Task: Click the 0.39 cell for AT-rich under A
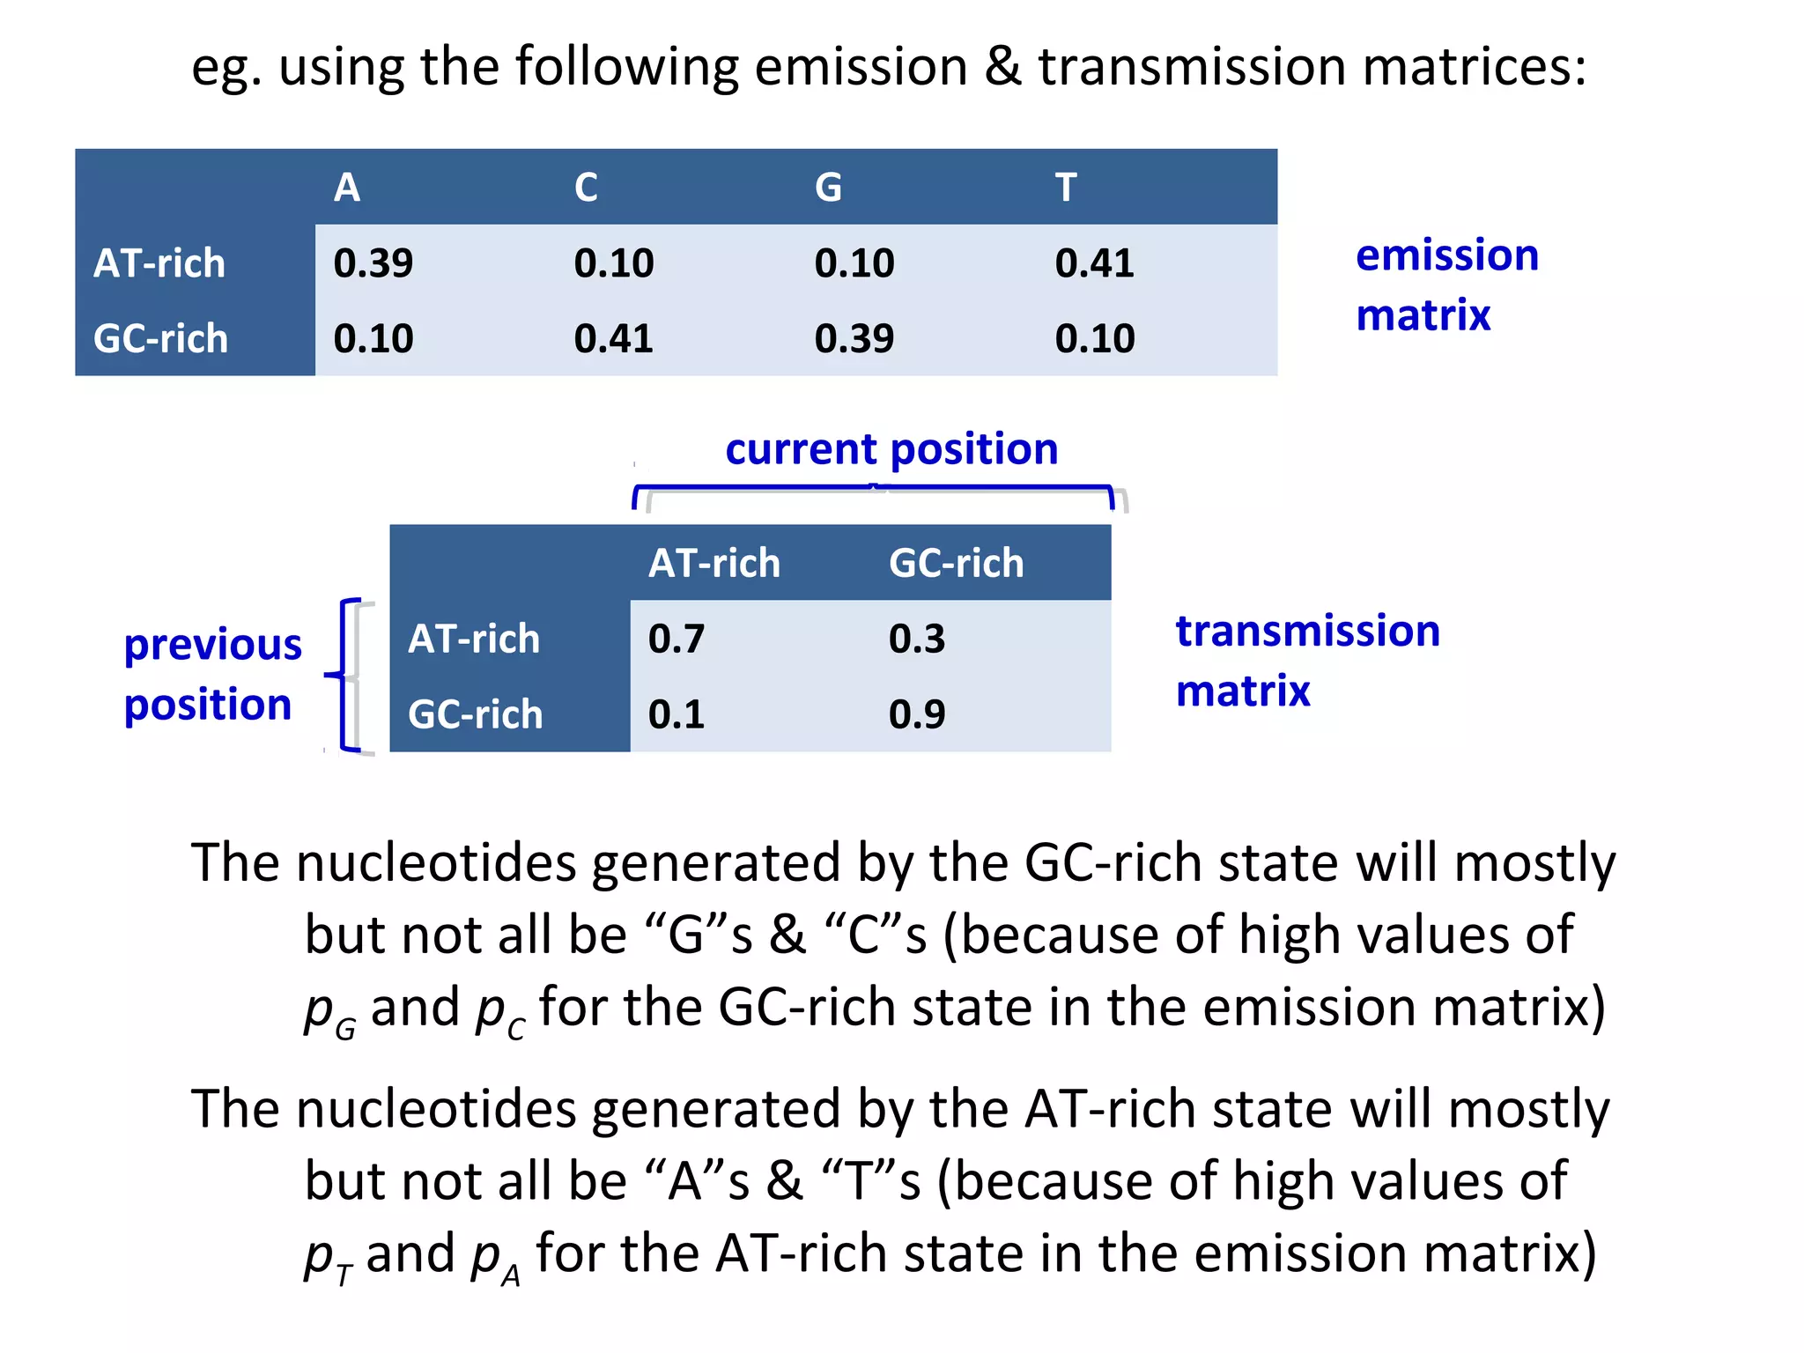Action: (x=373, y=263)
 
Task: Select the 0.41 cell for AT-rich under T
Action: (x=1094, y=263)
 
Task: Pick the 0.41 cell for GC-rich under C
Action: (x=613, y=338)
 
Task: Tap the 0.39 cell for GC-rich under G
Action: (x=854, y=338)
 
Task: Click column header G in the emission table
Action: (x=828, y=188)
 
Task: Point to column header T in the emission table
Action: (x=1066, y=188)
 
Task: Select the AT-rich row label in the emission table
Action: (x=159, y=263)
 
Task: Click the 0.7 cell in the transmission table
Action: (x=676, y=639)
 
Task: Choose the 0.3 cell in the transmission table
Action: (x=916, y=639)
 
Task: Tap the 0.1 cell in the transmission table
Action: (x=676, y=714)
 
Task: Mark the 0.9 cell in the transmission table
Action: (x=916, y=714)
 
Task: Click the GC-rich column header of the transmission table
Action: (x=956, y=564)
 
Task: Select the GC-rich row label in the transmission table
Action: (x=475, y=714)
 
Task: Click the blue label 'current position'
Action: (x=891, y=449)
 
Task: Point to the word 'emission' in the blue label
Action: (x=1446, y=255)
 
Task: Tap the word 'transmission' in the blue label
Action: (x=1307, y=632)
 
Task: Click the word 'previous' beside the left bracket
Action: (x=212, y=645)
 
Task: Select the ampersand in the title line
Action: (x=1002, y=67)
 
